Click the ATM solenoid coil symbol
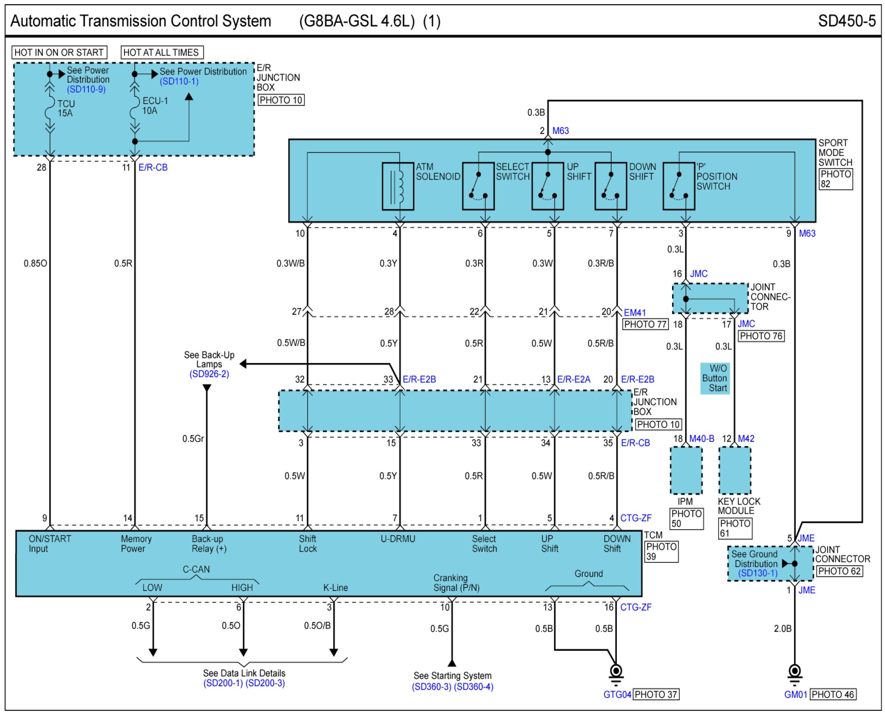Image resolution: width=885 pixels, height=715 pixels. [398, 186]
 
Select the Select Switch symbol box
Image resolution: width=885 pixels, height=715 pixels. [478, 186]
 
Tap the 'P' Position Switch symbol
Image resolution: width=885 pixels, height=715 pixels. [678, 186]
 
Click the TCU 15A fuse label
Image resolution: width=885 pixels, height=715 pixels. [66, 108]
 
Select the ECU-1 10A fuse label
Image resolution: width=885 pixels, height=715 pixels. [155, 106]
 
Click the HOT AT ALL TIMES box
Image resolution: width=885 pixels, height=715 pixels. [161, 52]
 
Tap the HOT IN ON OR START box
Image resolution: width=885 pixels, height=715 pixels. [59, 52]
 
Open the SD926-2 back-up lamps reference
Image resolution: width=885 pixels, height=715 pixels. [209, 374]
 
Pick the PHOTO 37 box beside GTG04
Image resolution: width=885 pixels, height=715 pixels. [655, 695]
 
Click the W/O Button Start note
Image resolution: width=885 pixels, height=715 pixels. [715, 378]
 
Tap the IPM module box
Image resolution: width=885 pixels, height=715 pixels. [686, 470]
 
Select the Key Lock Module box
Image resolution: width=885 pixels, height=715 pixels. [735, 470]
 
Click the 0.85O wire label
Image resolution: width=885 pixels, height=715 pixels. [36, 263]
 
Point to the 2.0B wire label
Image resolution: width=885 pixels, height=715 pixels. [783, 628]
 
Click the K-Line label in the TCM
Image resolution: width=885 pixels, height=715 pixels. [335, 588]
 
